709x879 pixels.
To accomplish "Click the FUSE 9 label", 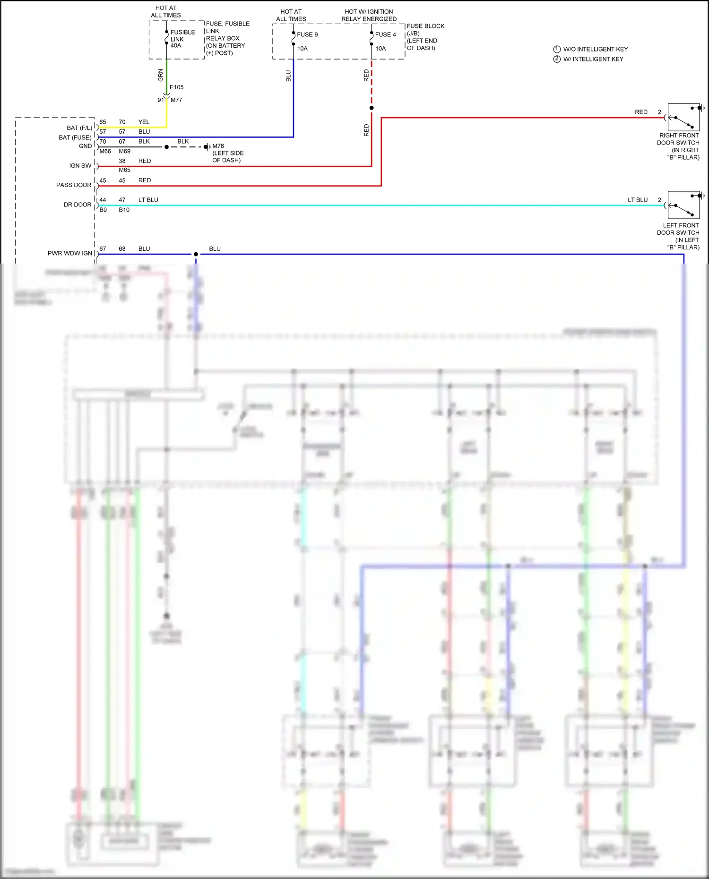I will [307, 34].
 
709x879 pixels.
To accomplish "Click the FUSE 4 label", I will [385, 34].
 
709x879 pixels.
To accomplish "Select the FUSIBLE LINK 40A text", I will [182, 39].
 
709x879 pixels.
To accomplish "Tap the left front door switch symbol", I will [683, 205].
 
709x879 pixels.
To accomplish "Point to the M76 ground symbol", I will [207, 147].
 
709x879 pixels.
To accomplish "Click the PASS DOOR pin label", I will [74, 185].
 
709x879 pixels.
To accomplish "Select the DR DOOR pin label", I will [78, 205].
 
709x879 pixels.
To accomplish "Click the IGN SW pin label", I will [80, 166].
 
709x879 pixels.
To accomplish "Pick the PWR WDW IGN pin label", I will [70, 253].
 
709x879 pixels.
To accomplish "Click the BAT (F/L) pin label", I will [79, 128].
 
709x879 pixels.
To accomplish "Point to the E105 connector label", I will [176, 87].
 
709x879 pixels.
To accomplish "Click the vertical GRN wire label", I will [161, 75].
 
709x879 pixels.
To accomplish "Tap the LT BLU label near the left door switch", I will [637, 200].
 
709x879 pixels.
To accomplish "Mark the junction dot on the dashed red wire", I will [372, 108].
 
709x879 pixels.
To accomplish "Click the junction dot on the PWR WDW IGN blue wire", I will [196, 254].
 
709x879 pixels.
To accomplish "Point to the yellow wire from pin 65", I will [132, 127].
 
